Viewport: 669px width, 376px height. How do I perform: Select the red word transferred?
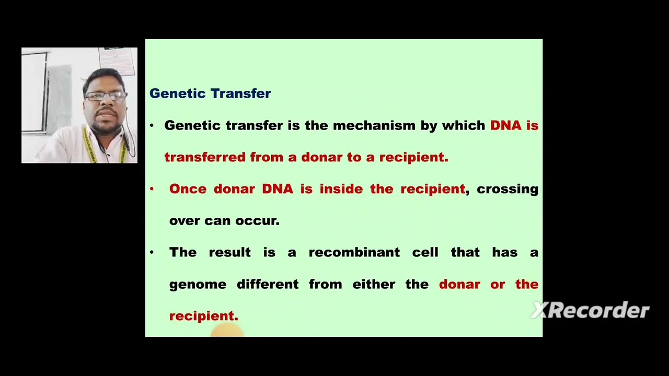(x=205, y=157)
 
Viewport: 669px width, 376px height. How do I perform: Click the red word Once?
(x=188, y=189)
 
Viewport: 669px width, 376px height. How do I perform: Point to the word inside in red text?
(x=341, y=189)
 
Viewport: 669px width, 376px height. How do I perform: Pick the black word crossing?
(x=507, y=189)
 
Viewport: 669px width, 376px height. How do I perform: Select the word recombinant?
(x=354, y=252)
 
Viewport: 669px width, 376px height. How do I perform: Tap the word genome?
(x=198, y=285)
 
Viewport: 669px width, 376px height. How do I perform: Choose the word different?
(x=268, y=284)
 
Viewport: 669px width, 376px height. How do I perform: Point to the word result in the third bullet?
(x=229, y=252)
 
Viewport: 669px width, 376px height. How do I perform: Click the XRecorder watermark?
(x=590, y=311)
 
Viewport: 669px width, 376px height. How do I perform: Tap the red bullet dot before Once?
(x=152, y=189)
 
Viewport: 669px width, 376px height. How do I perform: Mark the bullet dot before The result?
(x=152, y=252)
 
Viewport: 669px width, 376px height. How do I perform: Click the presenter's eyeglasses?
(x=106, y=96)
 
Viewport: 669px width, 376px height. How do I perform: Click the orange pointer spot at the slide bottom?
(x=227, y=330)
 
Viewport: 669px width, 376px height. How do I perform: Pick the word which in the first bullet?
(x=464, y=125)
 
